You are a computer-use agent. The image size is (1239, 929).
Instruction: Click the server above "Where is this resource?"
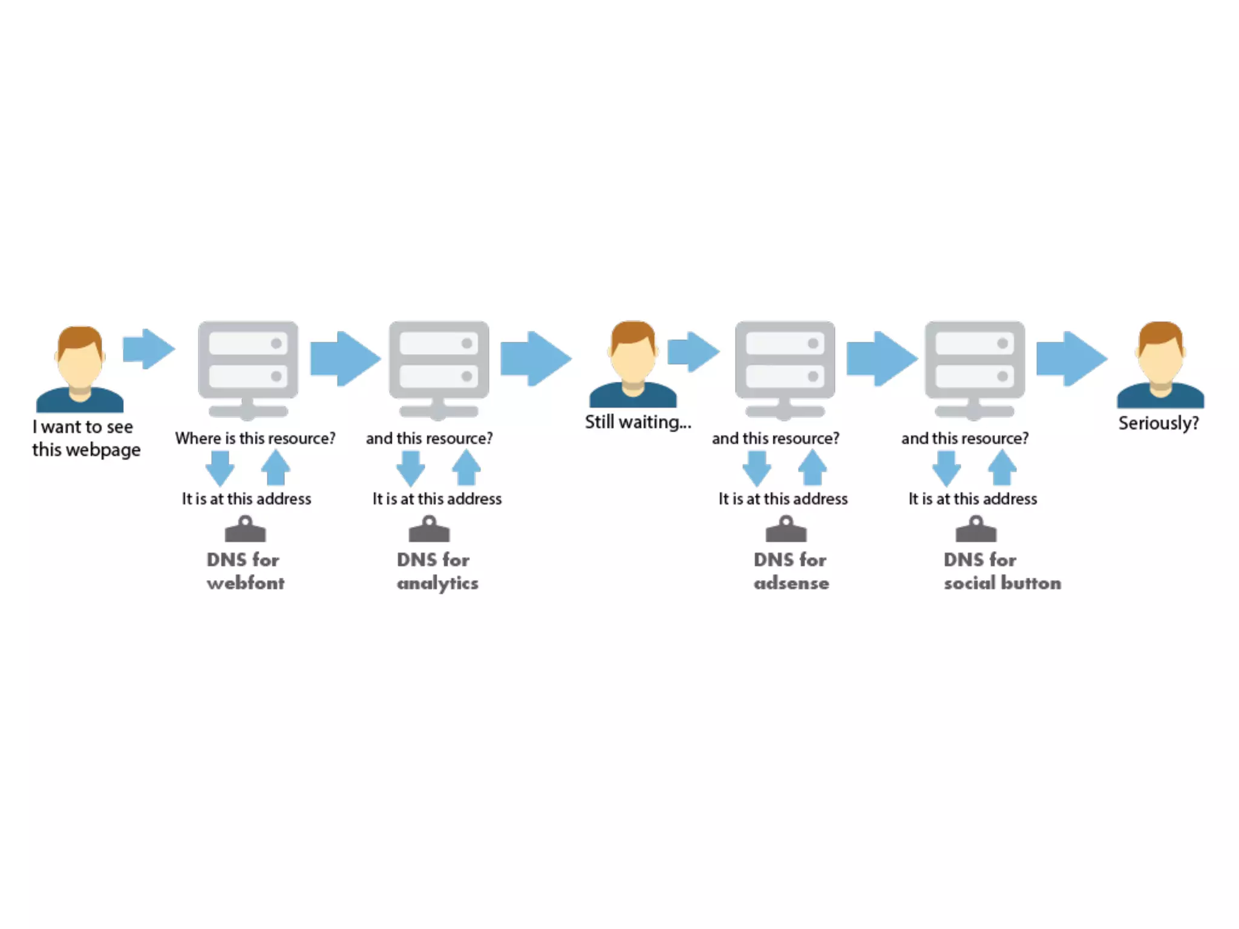[x=248, y=369]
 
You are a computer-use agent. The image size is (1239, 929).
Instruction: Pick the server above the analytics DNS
[x=439, y=369]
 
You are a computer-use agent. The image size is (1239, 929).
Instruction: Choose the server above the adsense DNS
[x=785, y=369]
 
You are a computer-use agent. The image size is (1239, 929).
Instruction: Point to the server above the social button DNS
[x=975, y=369]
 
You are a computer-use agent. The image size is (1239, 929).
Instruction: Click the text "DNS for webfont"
[x=245, y=571]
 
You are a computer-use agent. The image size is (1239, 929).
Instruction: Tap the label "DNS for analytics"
[x=437, y=571]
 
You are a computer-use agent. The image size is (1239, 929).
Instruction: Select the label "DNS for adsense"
[x=791, y=571]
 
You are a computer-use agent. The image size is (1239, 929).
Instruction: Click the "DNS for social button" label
[x=1002, y=571]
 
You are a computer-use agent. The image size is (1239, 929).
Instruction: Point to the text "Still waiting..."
[x=638, y=422]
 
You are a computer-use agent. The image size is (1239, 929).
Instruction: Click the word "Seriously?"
[x=1158, y=423]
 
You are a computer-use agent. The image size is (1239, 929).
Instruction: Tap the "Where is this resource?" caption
[x=255, y=438]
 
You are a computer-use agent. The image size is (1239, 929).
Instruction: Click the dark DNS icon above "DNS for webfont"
[x=245, y=529]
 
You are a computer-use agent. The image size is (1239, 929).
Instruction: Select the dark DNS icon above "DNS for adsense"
[x=786, y=529]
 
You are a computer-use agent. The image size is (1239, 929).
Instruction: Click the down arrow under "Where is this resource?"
[x=220, y=468]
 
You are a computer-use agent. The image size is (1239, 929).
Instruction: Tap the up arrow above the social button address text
[x=1002, y=468]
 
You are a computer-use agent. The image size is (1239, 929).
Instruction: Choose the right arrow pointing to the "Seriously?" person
[x=1071, y=359]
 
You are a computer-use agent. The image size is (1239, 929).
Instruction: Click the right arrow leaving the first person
[x=148, y=349]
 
